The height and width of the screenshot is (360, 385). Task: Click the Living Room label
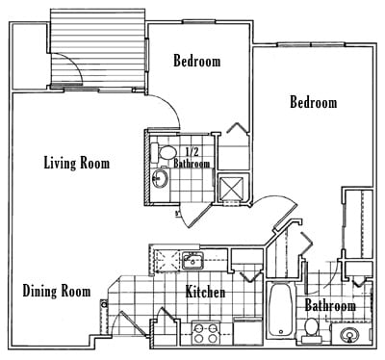(x=76, y=164)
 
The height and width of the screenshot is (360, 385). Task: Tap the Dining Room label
(x=57, y=291)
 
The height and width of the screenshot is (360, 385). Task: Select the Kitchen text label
(x=205, y=292)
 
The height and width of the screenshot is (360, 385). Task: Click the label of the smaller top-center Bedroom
(x=196, y=62)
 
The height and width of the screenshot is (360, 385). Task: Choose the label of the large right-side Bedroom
(x=314, y=103)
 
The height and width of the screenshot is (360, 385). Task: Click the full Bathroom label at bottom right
(x=330, y=306)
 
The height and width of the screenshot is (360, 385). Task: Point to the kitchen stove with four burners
(x=204, y=333)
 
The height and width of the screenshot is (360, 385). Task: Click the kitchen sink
(x=192, y=260)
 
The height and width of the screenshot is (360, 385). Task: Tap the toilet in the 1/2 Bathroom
(x=166, y=152)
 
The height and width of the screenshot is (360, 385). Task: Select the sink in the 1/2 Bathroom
(x=162, y=180)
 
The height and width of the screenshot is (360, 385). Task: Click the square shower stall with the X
(x=231, y=187)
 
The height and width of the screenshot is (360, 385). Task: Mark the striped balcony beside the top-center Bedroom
(x=96, y=48)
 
